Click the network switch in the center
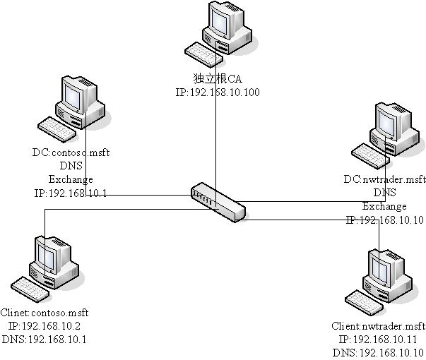pyautogui.click(x=218, y=201)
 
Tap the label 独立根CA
pyautogui.click(x=212, y=79)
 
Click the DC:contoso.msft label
pyautogui.click(x=71, y=152)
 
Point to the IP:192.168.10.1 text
pyautogui.click(x=71, y=193)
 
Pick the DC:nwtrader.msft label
pyautogui.click(x=385, y=179)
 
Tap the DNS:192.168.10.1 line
pyautogui.click(x=45, y=339)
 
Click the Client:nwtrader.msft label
pyautogui.click(x=379, y=326)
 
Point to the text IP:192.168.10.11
pyautogui.click(x=379, y=340)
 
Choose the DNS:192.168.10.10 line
pyautogui.click(x=379, y=352)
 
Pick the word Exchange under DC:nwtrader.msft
pyautogui.click(x=385, y=207)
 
